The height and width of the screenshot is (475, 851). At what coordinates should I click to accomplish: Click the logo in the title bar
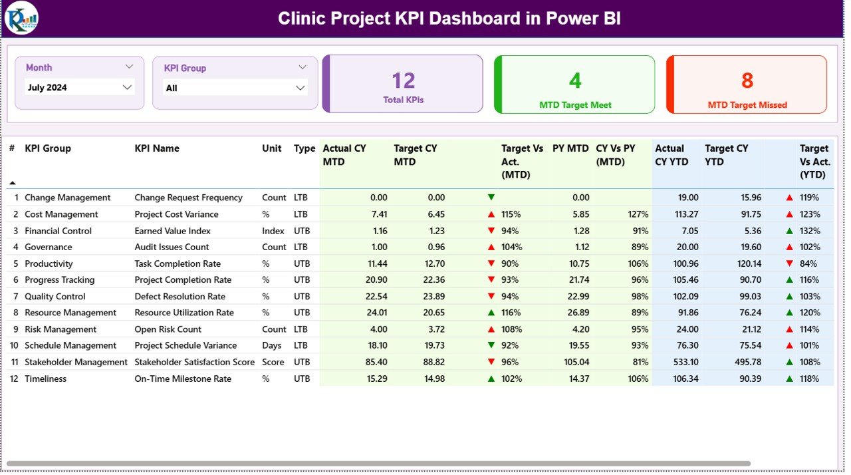coord(21,18)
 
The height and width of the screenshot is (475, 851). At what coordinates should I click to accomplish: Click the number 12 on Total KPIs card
coord(403,80)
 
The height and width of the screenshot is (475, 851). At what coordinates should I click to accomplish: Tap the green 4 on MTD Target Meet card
coord(574,80)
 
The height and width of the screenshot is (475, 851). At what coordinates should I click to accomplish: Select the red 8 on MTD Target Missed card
coord(747,80)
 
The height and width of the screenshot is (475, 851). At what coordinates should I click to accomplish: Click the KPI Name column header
coord(157,148)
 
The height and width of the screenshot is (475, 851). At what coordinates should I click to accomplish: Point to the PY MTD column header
coord(570,148)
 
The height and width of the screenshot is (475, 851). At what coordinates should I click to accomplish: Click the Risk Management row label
coord(61,329)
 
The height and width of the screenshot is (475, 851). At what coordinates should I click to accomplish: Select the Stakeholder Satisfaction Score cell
coord(194,362)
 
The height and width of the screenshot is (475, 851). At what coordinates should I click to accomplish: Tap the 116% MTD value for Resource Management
coord(511,313)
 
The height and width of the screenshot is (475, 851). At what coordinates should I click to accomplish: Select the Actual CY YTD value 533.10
coord(685,362)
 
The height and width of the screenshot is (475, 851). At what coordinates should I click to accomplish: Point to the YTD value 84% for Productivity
coord(809,263)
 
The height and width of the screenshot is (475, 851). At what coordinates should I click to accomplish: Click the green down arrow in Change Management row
coord(491,198)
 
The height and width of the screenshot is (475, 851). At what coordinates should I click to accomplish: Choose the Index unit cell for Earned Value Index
coord(273,231)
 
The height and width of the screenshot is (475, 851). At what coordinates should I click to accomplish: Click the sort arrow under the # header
coord(12,182)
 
